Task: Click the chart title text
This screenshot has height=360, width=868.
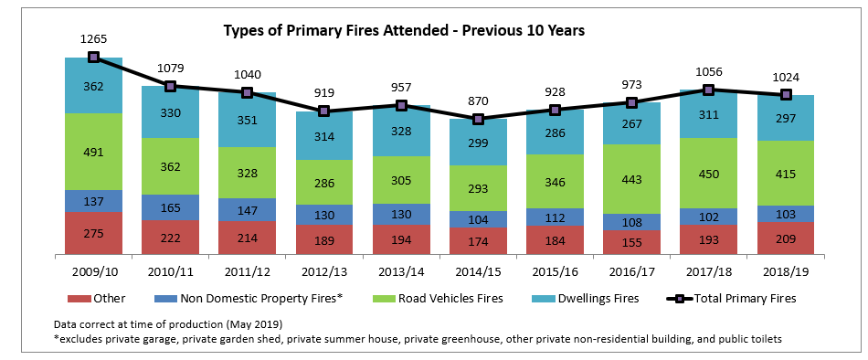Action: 404,30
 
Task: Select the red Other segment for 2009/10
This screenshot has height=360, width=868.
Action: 93,233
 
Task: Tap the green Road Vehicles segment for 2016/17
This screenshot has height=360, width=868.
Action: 631,179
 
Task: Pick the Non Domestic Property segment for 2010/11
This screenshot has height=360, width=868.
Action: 170,207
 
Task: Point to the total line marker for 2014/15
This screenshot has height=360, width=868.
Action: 478,119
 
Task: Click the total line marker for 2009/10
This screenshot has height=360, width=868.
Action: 93,57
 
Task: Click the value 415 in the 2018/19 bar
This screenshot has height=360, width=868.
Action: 785,173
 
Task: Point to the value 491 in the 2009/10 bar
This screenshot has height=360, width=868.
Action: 93,152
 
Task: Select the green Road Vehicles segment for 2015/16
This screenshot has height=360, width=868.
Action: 555,181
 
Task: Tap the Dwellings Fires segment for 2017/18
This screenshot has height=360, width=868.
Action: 708,115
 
